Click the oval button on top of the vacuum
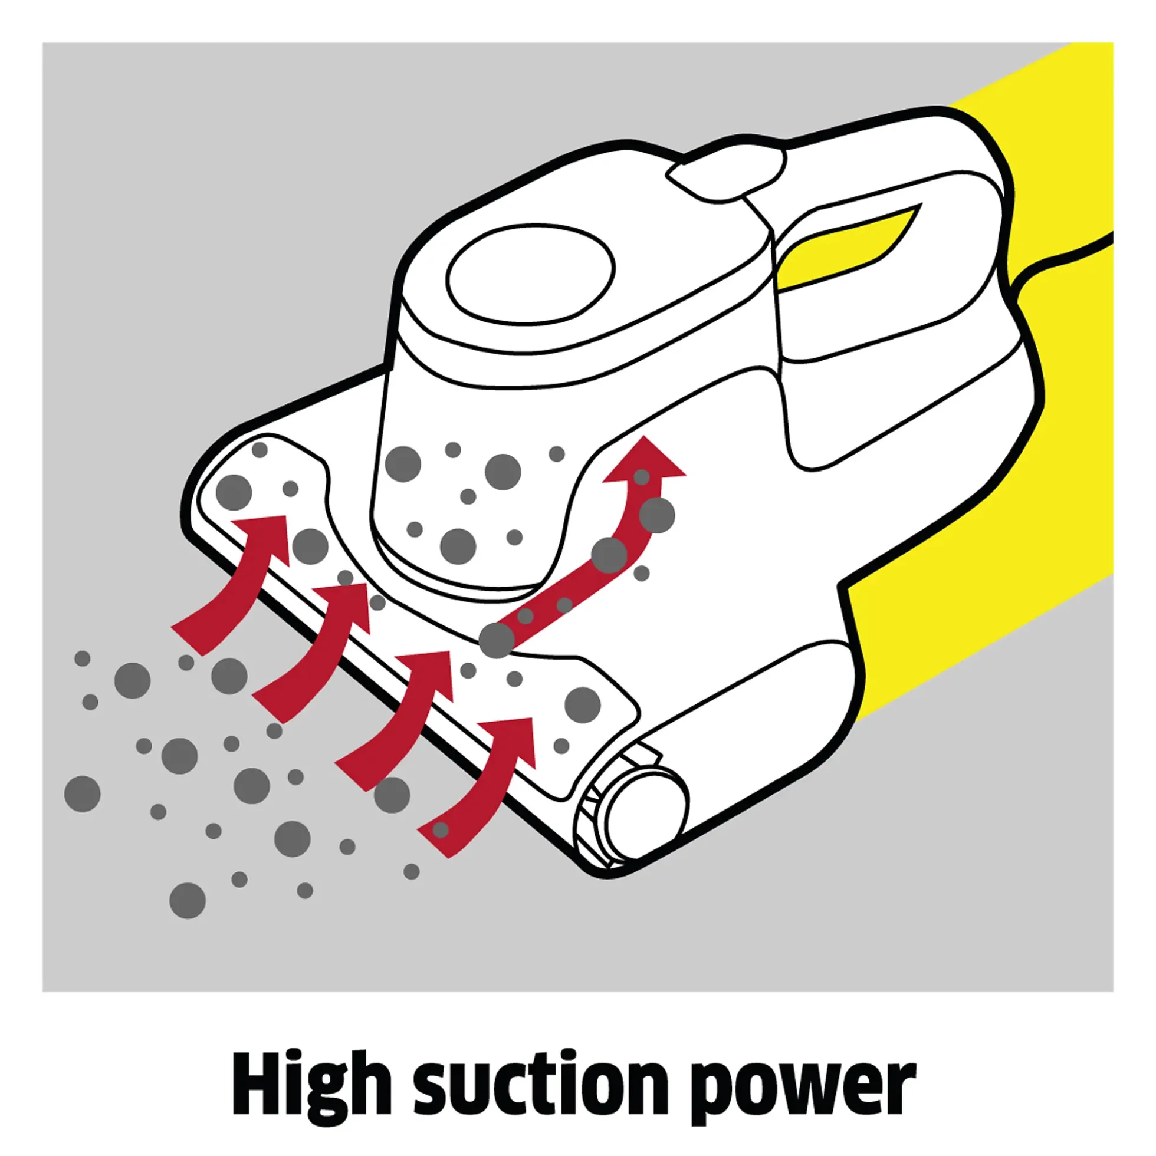pyautogui.click(x=531, y=274)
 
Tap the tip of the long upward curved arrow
pyautogui.click(x=643, y=437)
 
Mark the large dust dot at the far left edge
pyautogui.click(x=82, y=794)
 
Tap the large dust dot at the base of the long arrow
pyautogui.click(x=496, y=640)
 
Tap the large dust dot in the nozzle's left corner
pyautogui.click(x=234, y=492)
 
